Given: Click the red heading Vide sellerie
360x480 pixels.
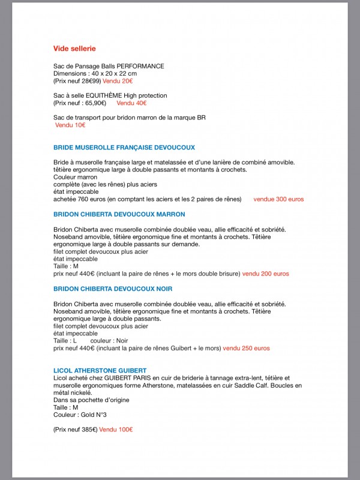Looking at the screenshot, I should point(74,48).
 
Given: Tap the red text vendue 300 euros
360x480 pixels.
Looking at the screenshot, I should point(278,199).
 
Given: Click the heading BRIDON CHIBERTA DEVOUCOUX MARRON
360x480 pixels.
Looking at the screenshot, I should point(119,214).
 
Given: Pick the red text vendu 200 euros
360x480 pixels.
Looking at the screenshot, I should point(265,273).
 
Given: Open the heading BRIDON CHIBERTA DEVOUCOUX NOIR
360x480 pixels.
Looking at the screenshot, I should point(113,289).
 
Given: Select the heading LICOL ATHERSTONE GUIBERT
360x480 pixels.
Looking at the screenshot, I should point(100,370).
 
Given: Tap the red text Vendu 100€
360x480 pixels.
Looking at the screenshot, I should point(116,430).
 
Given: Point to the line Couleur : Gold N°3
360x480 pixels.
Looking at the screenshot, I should point(80,415).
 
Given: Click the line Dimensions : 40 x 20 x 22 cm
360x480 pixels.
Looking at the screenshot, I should point(95,73).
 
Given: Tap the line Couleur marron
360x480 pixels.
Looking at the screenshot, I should point(75,177).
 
